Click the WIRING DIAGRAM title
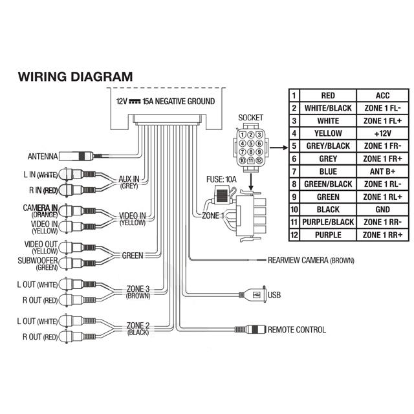75,76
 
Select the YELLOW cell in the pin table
327,133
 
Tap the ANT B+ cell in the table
382,171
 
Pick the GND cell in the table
382,210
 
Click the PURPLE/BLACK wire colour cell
327,223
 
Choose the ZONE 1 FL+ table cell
382,120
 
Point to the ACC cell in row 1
382,95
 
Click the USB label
274,294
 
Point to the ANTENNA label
43,157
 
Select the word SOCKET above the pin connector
251,117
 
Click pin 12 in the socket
259,160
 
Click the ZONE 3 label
138,289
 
